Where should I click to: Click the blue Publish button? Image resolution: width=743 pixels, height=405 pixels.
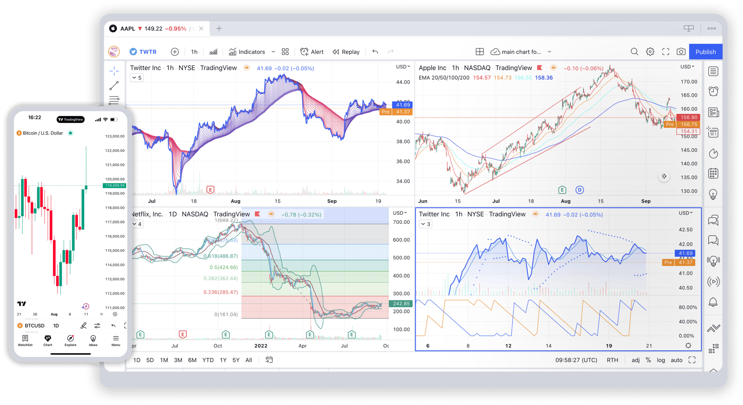705,52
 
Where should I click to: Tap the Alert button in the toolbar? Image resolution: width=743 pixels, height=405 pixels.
312,52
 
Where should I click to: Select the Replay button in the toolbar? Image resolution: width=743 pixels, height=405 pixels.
346,52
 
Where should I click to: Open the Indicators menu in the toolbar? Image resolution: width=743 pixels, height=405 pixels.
247,52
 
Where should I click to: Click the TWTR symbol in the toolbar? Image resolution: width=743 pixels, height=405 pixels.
143,52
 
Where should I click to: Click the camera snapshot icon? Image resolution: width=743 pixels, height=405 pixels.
681,52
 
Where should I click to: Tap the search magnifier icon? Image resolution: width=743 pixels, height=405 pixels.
634,52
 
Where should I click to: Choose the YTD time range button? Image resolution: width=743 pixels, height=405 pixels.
208,360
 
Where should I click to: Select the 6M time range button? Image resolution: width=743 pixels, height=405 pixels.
192,360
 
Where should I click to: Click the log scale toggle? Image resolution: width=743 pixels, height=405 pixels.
661,360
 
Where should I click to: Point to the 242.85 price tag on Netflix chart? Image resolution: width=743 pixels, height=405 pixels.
401,304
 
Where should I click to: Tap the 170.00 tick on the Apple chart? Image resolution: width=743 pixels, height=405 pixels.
689,82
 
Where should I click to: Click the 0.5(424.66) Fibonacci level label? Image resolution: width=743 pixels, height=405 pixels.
223,267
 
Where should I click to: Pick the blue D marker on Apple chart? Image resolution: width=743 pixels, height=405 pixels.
579,190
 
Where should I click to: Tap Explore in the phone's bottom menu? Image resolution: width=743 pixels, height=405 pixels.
70,340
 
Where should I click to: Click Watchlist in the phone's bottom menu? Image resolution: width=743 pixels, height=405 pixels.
25,340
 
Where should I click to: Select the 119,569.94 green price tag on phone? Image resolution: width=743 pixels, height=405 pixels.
114,185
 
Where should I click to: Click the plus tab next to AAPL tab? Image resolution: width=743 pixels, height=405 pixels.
219,28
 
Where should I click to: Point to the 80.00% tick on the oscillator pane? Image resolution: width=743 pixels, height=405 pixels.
687,308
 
